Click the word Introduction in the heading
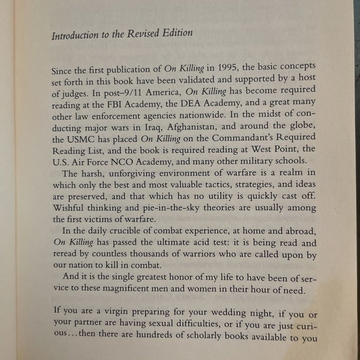click(x=73, y=35)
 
